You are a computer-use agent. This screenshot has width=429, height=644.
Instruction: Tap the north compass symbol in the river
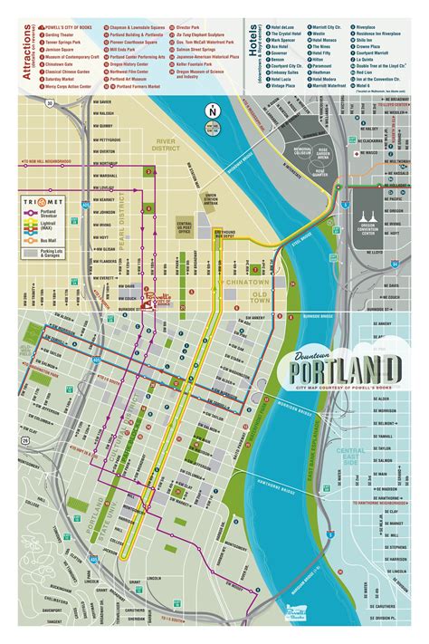[212, 111]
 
